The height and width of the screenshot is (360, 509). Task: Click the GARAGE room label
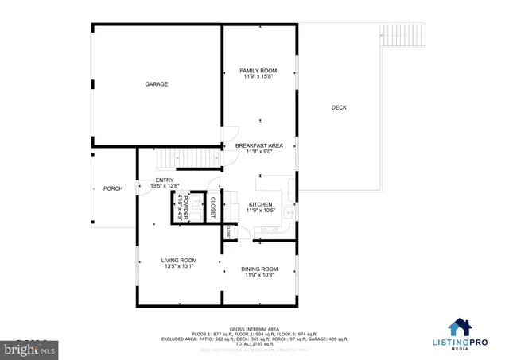point(156,83)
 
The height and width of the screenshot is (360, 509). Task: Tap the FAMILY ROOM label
point(258,71)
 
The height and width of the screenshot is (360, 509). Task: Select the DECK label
point(339,107)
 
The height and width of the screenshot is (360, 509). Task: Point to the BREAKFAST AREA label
point(258,145)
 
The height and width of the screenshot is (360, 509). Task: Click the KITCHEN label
point(260,204)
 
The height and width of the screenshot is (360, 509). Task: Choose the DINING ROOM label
point(259,269)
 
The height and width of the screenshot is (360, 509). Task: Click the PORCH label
point(113,188)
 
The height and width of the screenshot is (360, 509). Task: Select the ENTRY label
point(164,180)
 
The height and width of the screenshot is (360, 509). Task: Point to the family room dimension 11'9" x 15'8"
point(258,77)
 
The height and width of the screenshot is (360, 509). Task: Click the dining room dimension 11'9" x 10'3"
point(259,275)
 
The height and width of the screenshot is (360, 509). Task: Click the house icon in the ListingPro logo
point(459,327)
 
